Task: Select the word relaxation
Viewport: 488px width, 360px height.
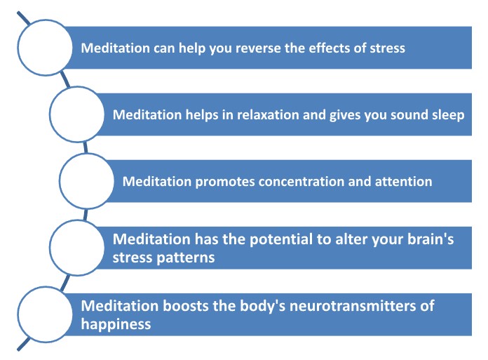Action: (268, 114)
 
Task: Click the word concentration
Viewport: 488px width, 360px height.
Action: (301, 182)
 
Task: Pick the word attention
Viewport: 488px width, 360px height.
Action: (403, 182)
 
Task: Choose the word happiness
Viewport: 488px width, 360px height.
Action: (116, 324)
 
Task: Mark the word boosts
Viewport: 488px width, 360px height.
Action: (186, 306)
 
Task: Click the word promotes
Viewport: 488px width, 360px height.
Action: (224, 182)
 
